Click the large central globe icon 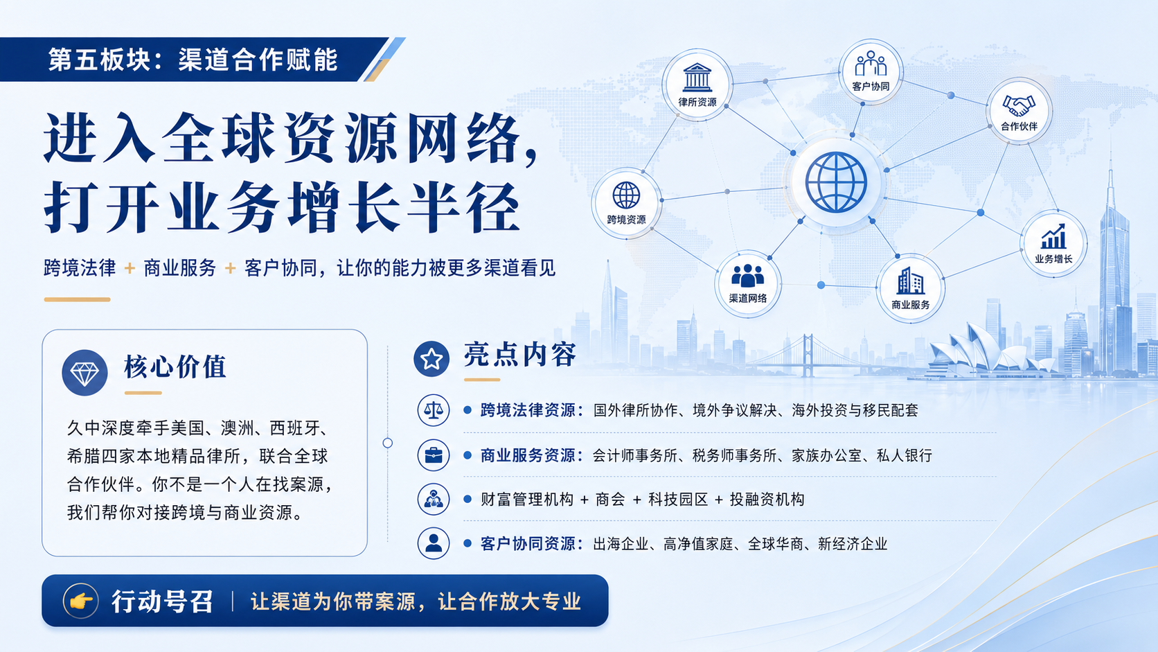click(836, 182)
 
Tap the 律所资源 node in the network click(697, 85)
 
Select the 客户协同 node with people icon click(871, 71)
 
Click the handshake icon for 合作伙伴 click(1019, 105)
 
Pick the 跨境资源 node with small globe click(626, 203)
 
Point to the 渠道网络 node click(747, 283)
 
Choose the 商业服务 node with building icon click(910, 288)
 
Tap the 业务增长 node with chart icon click(1053, 243)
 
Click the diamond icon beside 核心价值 click(84, 373)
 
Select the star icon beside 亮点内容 click(431, 359)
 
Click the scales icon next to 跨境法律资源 click(434, 410)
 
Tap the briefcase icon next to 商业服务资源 click(434, 455)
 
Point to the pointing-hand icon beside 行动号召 click(80, 601)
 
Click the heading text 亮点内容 click(519, 355)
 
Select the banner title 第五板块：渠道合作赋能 click(193, 60)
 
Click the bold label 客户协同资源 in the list click(528, 544)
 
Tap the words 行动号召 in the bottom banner click(162, 601)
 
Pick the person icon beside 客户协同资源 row click(434, 543)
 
